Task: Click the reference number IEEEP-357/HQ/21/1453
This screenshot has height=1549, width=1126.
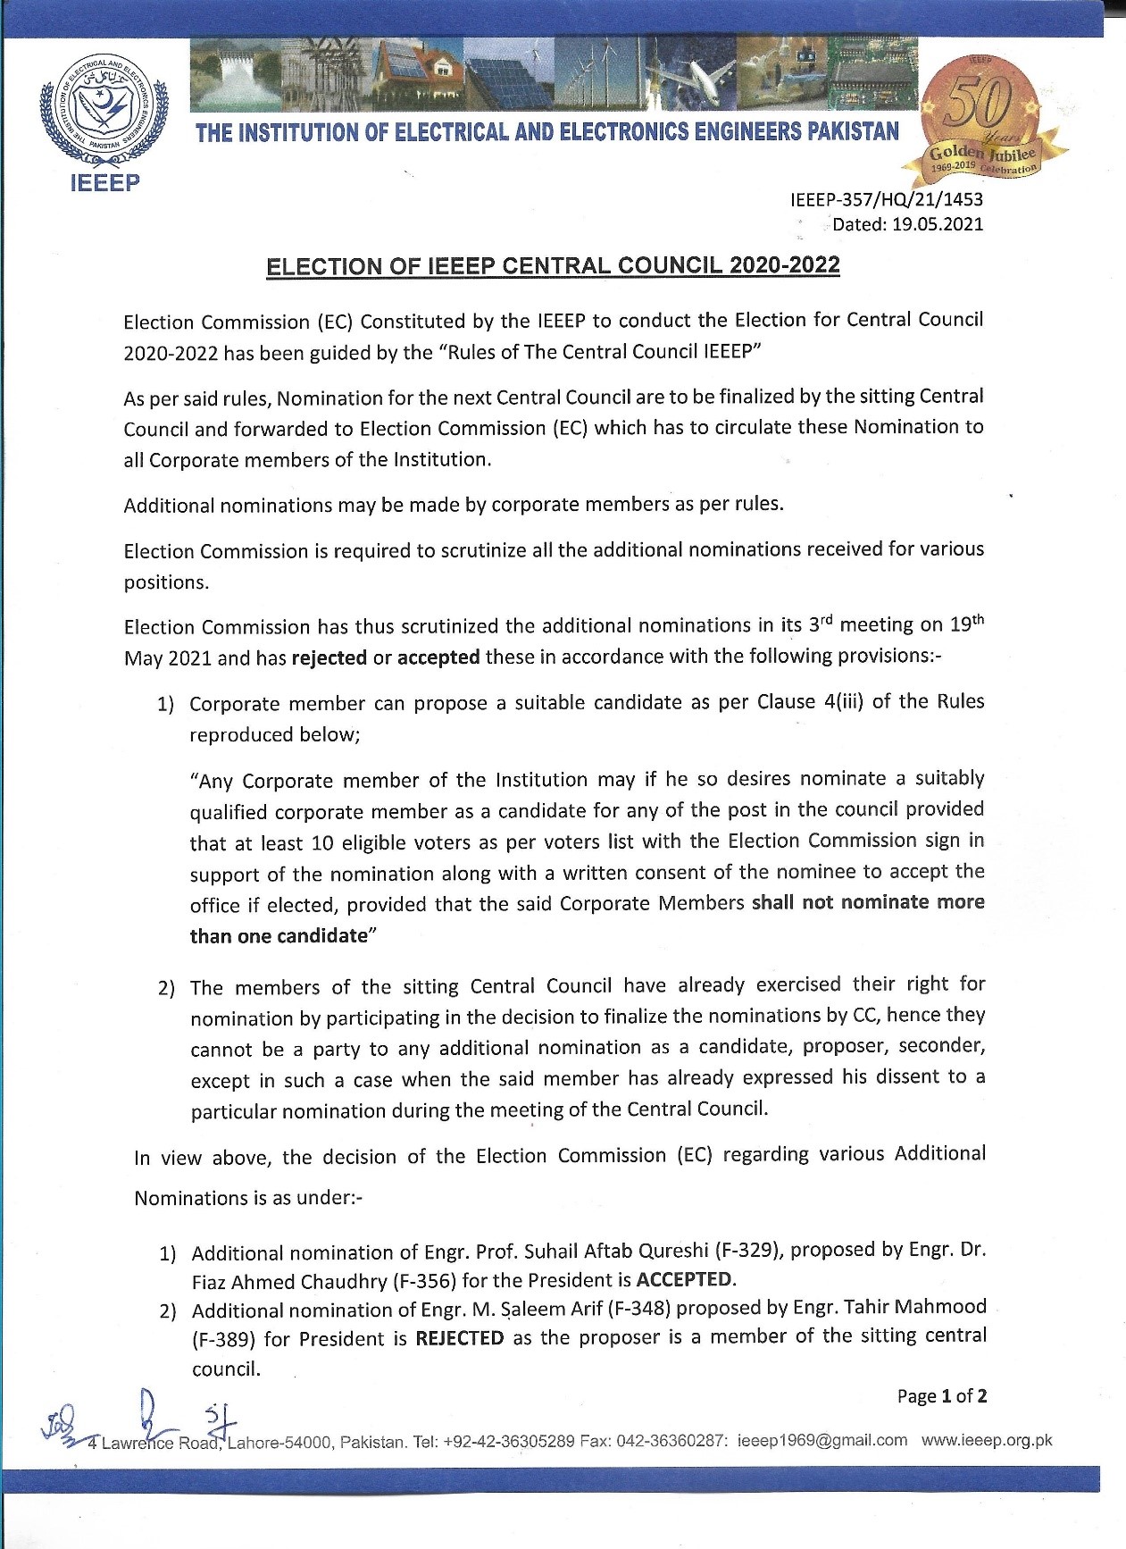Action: pos(886,199)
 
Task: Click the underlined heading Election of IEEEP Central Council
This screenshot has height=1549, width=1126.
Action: pos(553,266)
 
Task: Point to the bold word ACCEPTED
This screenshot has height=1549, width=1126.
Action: pos(684,1279)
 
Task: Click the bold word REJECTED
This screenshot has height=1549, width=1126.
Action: pos(460,1337)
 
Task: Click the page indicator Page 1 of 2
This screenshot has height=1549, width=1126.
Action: pos(942,1395)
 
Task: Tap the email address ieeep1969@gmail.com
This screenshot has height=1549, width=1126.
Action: pos(822,1440)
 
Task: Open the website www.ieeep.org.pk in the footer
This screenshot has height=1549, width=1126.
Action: pos(987,1440)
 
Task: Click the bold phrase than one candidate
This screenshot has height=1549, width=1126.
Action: pos(279,935)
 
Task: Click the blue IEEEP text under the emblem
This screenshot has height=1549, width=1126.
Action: pos(104,183)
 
